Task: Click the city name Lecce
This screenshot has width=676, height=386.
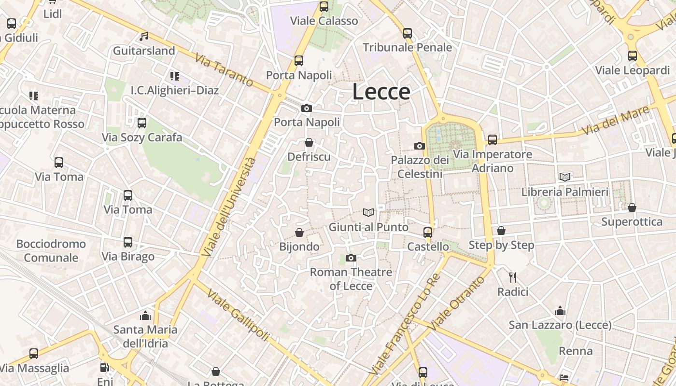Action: [381, 92]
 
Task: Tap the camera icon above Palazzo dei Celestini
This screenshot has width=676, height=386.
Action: [419, 146]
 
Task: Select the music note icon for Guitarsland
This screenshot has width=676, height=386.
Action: [144, 37]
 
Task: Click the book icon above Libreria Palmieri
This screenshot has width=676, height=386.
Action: [564, 177]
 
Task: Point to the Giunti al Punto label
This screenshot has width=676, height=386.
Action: [368, 227]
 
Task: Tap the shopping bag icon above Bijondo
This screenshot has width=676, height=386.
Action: [299, 233]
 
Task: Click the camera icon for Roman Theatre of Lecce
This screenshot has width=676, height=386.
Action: [351, 258]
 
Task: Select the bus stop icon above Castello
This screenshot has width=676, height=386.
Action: [427, 233]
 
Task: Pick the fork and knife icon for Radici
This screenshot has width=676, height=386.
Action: [513, 277]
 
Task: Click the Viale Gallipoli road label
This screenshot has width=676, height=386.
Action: [237, 314]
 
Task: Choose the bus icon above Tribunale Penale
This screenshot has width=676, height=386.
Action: [408, 33]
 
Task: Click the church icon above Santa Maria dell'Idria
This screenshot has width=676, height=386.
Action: [145, 316]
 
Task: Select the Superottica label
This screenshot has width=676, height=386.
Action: [632, 222]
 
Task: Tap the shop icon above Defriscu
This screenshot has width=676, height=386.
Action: [309, 142]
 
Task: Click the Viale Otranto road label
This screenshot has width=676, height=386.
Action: [456, 303]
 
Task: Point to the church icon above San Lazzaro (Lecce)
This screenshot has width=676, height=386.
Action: [560, 311]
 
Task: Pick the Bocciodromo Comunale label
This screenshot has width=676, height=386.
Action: [51, 250]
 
